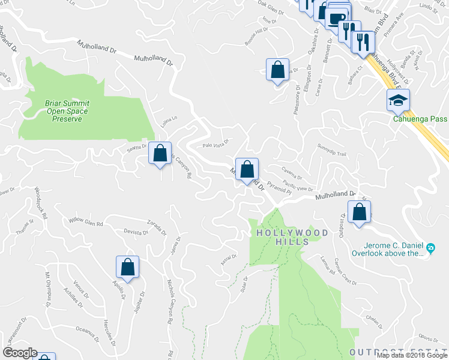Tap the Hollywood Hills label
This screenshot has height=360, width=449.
(x=292, y=236)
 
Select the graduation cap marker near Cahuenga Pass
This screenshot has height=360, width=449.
(x=398, y=101)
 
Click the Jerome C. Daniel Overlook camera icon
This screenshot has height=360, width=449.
(x=430, y=248)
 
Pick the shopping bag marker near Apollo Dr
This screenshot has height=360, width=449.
(x=127, y=268)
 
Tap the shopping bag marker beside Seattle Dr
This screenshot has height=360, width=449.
(x=160, y=154)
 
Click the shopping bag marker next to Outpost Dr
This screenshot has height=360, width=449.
(x=359, y=212)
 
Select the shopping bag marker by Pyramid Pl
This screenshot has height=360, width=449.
(x=247, y=170)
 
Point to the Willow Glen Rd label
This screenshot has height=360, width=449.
(x=86, y=222)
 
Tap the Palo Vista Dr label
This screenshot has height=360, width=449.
(x=216, y=145)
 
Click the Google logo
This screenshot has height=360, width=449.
(x=19, y=353)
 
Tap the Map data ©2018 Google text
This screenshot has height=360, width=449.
(x=411, y=355)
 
